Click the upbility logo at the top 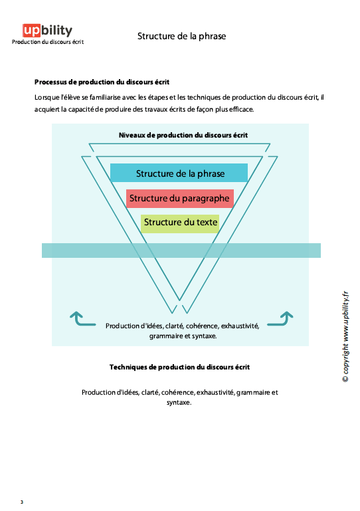(x=47, y=31)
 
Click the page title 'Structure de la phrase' (x=181, y=36)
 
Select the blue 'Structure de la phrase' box (x=179, y=173)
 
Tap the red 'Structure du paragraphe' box (x=179, y=198)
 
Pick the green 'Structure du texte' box (x=179, y=222)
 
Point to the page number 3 (x=21, y=502)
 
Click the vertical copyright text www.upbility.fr (x=344, y=337)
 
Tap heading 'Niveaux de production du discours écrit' (x=183, y=135)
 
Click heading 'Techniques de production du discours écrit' (x=179, y=367)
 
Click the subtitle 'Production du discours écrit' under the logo (x=47, y=42)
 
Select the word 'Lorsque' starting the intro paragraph (x=46, y=98)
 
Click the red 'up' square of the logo (x=31, y=31)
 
